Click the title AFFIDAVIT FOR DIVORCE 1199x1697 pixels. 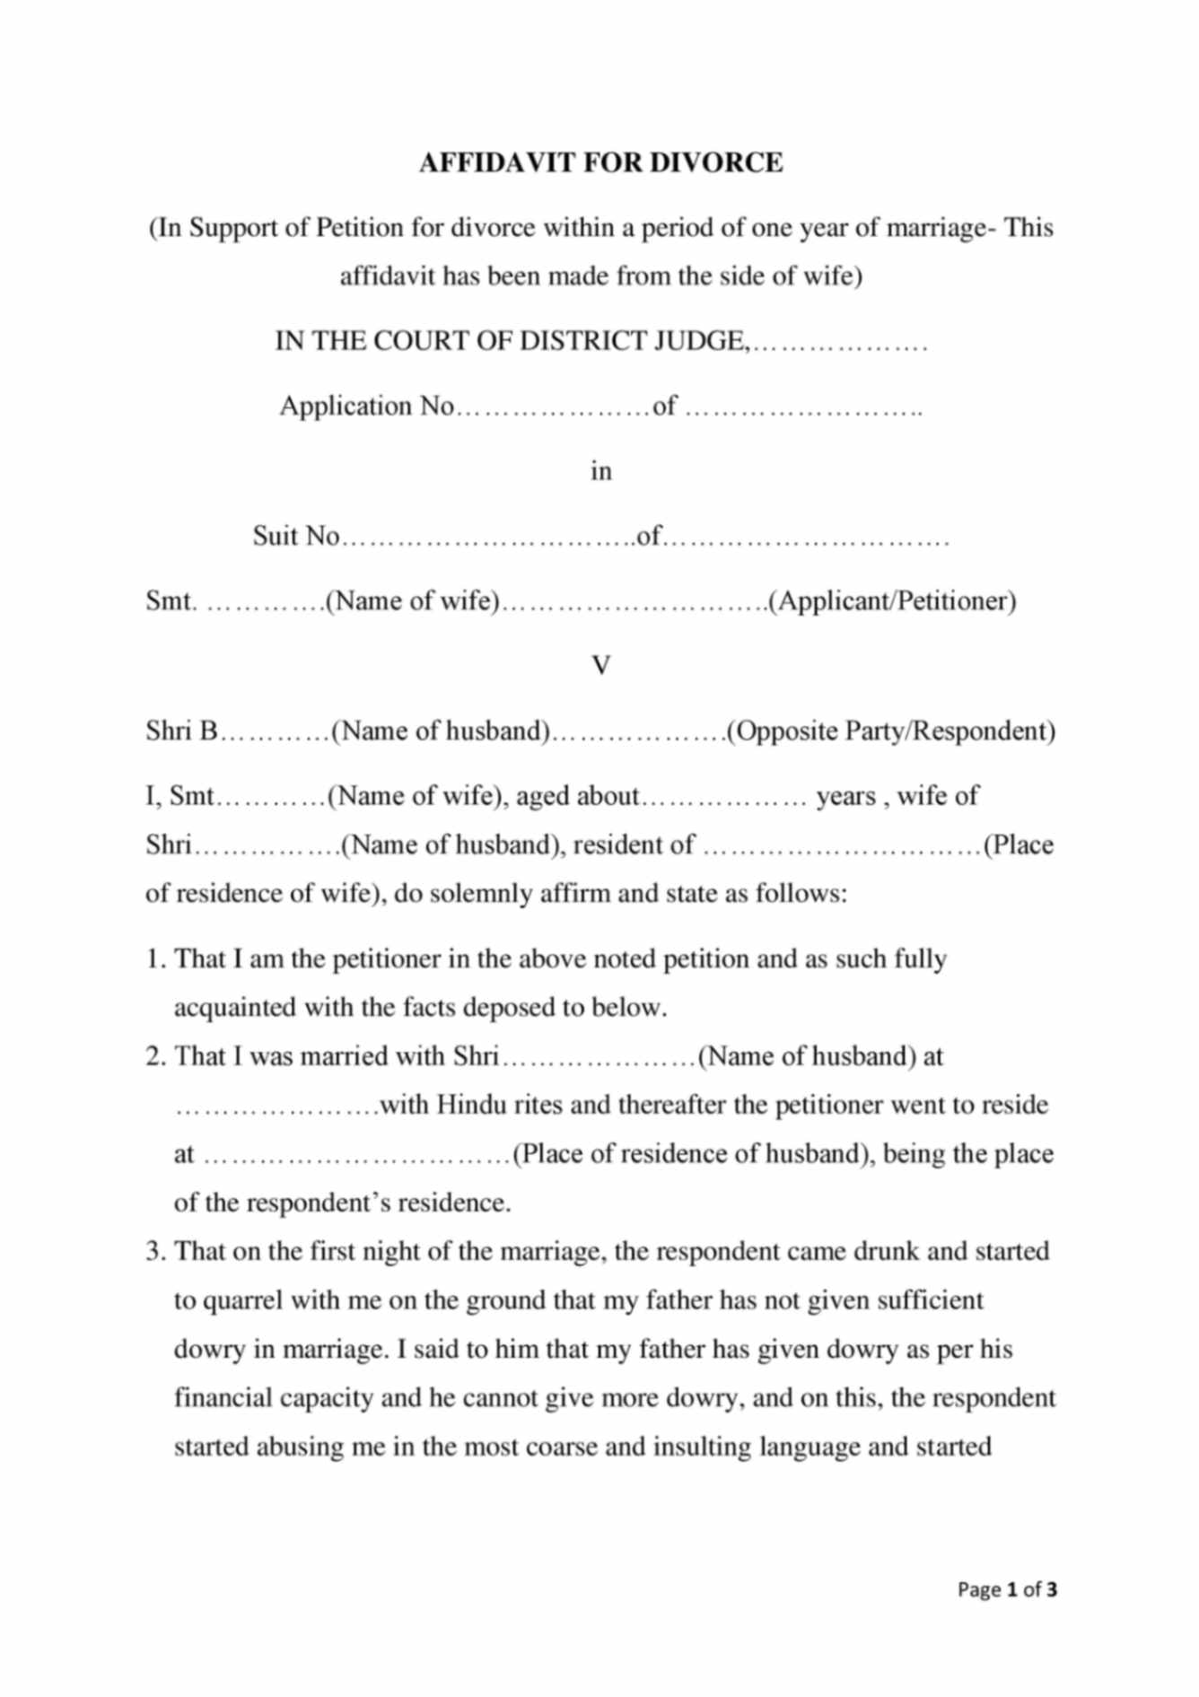600,162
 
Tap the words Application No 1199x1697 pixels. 366,407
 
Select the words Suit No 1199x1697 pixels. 296,536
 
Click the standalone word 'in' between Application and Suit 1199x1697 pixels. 600,471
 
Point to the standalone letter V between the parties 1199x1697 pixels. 600,666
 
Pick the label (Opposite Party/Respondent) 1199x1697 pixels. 890,730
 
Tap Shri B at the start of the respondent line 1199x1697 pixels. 182,730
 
